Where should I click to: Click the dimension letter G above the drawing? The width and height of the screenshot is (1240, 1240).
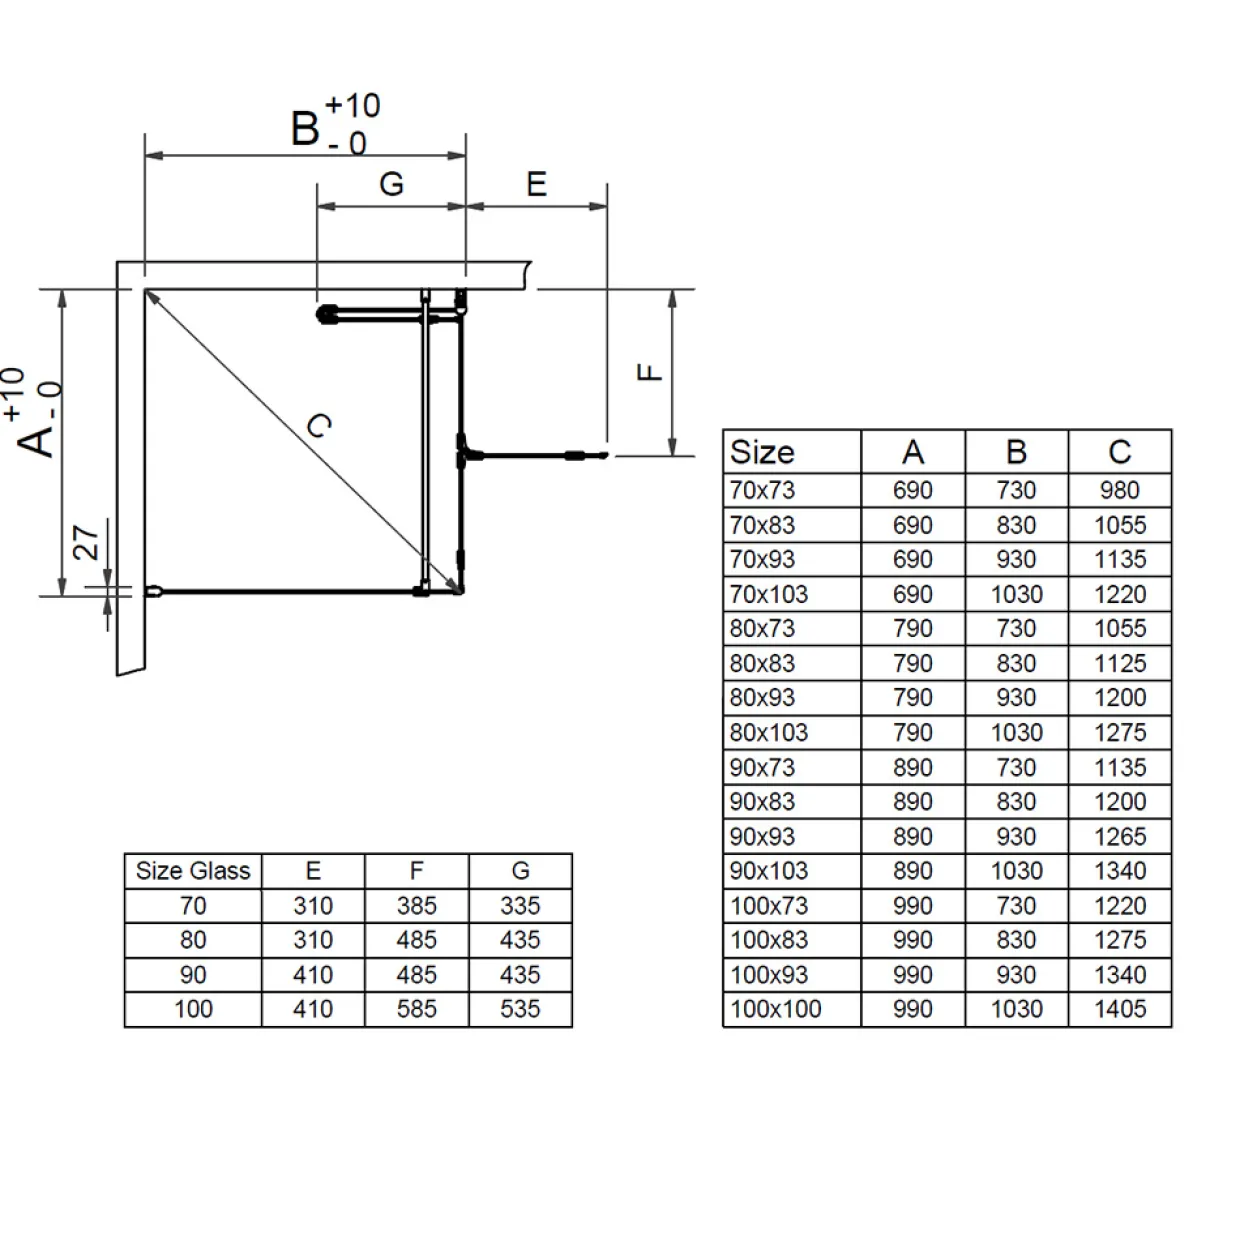click(391, 184)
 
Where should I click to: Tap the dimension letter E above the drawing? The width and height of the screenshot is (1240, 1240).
click(536, 184)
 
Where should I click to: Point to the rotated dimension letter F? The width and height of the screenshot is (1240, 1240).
click(649, 372)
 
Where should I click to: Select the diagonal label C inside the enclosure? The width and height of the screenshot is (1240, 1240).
click(319, 425)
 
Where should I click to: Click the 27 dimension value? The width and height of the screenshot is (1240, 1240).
click(86, 542)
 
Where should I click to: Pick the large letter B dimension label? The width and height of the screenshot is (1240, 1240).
click(304, 128)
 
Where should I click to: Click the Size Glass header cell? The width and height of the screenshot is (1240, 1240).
click(192, 871)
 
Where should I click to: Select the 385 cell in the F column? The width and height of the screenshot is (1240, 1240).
click(416, 905)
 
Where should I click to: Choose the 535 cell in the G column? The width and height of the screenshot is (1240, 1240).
click(520, 1008)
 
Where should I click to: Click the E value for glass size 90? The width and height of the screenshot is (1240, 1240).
click(313, 974)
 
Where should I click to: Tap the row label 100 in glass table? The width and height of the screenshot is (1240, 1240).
click(193, 1008)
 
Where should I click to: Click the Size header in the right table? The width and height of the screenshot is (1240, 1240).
click(762, 452)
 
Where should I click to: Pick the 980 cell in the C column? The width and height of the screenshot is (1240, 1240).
click(1120, 490)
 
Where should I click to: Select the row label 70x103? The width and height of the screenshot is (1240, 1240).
click(768, 594)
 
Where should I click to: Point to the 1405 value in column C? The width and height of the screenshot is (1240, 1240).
click(1120, 1008)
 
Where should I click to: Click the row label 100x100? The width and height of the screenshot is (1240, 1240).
click(775, 1008)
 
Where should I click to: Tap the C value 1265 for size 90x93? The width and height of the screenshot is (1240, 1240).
click(1120, 837)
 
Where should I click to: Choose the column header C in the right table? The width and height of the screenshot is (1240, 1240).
click(1120, 452)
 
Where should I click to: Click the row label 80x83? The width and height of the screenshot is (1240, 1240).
click(762, 663)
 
